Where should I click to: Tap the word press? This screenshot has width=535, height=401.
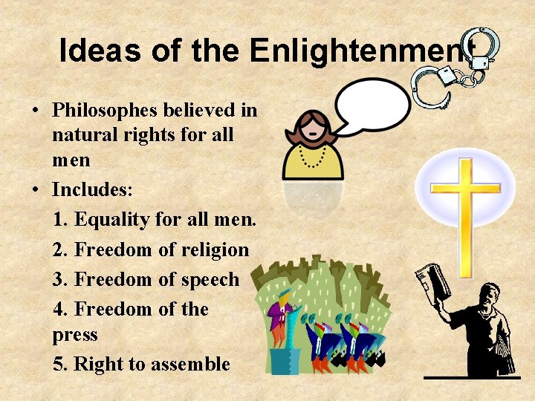75,335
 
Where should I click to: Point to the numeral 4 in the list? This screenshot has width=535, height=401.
60,309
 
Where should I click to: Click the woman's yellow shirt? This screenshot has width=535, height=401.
313,163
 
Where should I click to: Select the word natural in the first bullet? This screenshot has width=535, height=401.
86,136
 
